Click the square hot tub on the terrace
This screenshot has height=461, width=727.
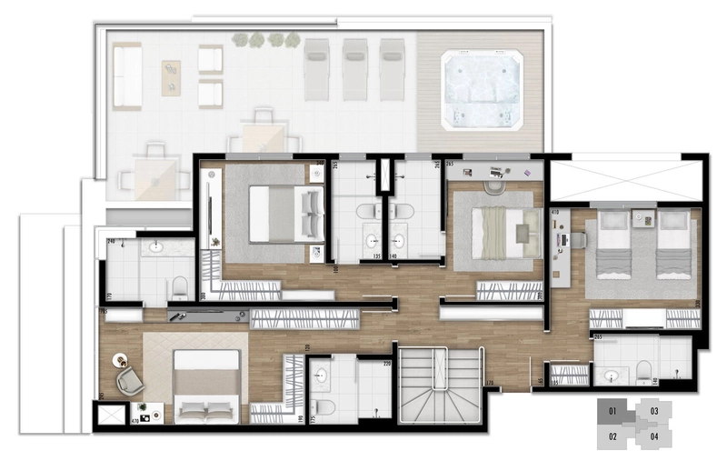point(483,88)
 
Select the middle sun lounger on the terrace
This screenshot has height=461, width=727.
point(354,69)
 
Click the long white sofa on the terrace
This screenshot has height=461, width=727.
point(127,76)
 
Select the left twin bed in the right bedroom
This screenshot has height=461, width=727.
point(611,246)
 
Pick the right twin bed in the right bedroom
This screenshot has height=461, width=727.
point(673,246)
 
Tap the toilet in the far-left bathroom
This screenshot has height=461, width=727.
point(181,287)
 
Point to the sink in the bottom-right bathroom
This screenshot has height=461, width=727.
point(611,375)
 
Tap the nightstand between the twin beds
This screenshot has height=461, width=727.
point(643,220)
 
